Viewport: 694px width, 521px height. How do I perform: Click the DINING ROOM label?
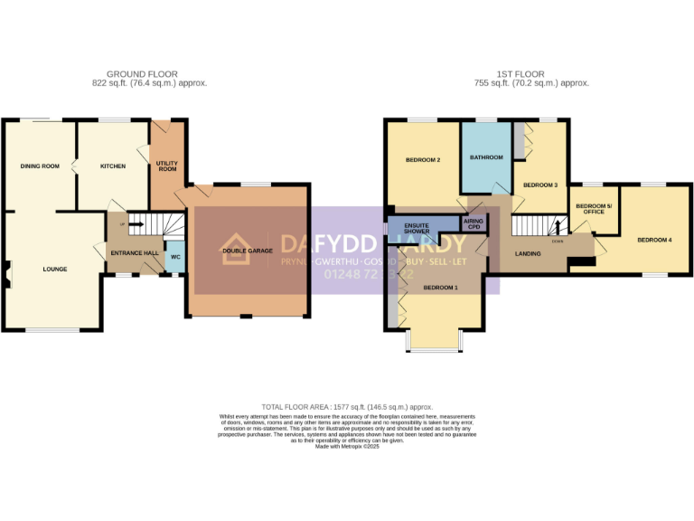tap(40, 166)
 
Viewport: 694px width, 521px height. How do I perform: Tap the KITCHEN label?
tap(113, 166)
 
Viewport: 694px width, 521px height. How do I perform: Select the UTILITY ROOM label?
tap(167, 166)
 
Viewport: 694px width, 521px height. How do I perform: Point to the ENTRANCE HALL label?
tap(135, 253)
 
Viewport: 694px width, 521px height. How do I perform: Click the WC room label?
tap(175, 256)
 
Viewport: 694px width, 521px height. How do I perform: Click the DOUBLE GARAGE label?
tap(248, 251)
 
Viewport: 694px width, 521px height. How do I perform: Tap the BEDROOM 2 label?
tap(422, 160)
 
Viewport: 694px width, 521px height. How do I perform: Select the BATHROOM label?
tap(486, 157)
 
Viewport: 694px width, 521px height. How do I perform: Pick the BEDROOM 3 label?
tap(540, 185)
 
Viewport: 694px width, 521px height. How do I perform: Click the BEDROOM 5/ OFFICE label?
tap(594, 209)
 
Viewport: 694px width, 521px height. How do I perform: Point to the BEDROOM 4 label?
tap(654, 240)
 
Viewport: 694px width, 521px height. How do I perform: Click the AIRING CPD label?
tap(474, 223)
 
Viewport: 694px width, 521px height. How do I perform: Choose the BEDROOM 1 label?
tap(440, 287)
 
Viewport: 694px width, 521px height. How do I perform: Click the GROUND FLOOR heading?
tap(142, 74)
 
